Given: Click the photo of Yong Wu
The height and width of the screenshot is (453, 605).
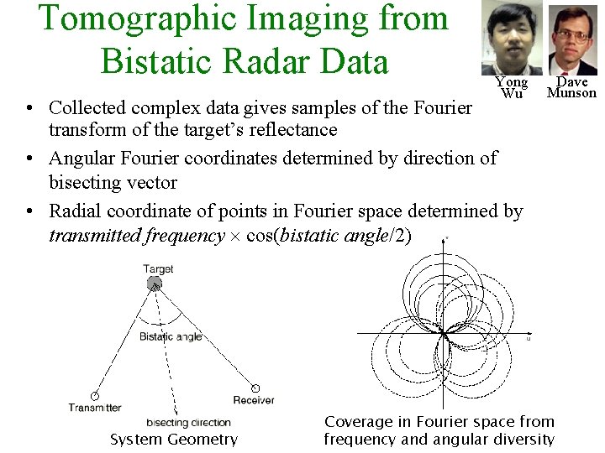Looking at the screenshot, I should point(512,39).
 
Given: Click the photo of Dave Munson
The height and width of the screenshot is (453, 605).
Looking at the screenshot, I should point(573,39).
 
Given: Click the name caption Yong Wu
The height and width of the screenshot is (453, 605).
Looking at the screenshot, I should point(511,87).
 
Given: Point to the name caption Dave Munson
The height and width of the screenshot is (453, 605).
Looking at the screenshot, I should point(571,87).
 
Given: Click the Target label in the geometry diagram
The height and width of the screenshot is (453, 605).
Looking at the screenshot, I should point(158,269).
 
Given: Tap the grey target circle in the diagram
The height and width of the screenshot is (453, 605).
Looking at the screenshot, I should point(155,284).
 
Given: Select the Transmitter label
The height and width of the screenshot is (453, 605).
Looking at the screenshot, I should point(95,408).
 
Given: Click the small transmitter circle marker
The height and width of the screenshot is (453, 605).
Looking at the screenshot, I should point(94,396).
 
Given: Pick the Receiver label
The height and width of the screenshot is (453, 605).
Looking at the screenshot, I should point(254,400).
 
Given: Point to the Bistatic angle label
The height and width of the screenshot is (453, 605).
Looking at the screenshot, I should point(171,336).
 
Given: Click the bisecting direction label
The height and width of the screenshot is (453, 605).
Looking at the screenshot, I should point(188,423).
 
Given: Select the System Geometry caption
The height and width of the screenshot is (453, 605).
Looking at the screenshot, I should point(174,439).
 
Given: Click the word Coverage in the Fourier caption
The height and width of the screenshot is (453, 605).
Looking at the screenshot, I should point(358,421).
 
